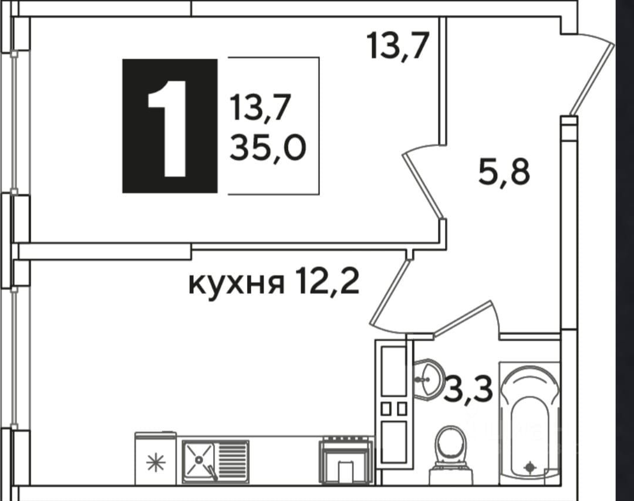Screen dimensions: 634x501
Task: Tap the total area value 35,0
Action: [268, 150]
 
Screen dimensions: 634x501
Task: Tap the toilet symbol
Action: [450, 448]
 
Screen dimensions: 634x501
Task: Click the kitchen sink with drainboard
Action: [215, 461]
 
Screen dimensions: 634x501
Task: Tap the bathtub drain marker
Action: [530, 467]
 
